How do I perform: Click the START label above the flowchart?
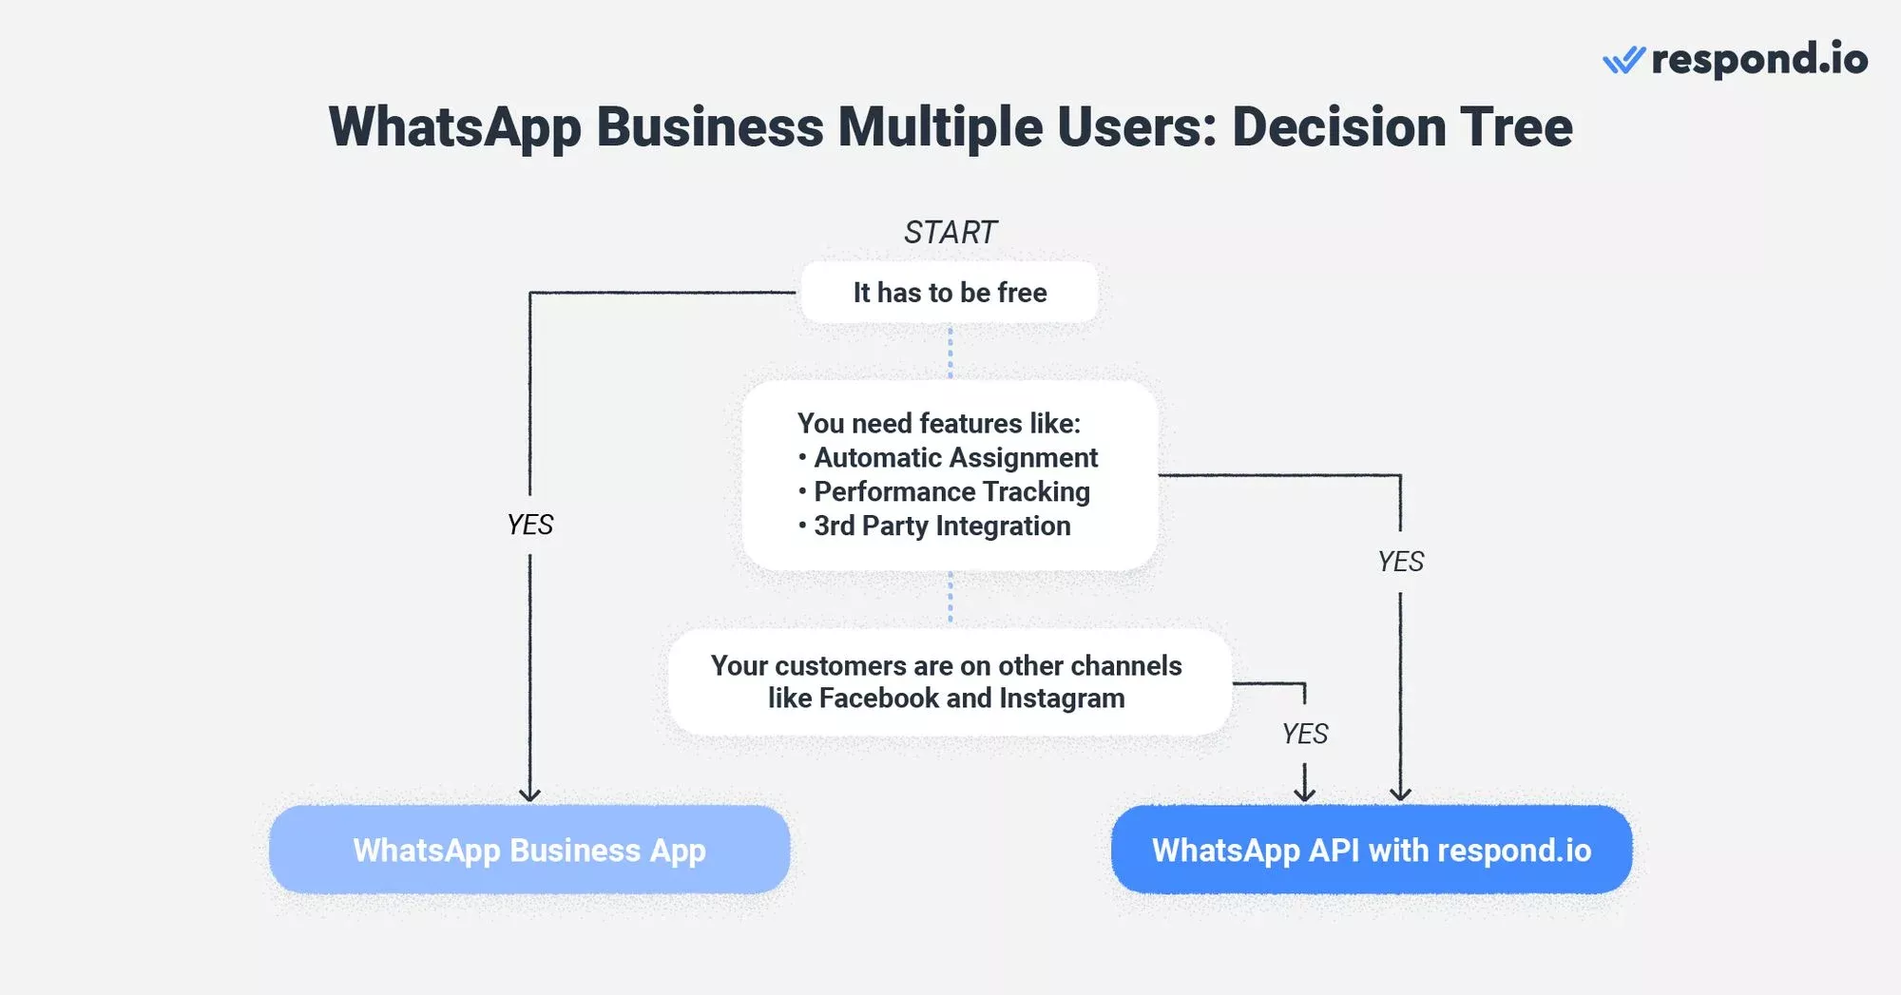(x=950, y=232)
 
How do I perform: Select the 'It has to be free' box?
(x=950, y=293)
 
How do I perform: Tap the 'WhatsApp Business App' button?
(x=529, y=850)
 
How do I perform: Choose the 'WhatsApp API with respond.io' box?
(x=1372, y=850)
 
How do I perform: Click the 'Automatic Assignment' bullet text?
(x=955, y=458)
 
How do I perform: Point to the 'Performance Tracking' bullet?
(x=951, y=492)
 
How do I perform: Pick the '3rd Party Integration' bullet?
(x=942, y=526)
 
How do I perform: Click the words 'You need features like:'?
(x=939, y=423)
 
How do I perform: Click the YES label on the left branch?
(x=530, y=525)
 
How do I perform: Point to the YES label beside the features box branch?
(x=1401, y=562)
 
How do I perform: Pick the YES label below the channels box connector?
(x=1305, y=734)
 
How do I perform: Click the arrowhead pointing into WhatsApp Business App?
(x=529, y=794)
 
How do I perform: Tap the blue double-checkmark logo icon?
(x=1623, y=60)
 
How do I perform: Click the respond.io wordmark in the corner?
(x=1759, y=59)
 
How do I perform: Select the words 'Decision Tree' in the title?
(x=1402, y=126)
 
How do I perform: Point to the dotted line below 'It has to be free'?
(x=950, y=352)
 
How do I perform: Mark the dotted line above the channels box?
(x=950, y=598)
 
